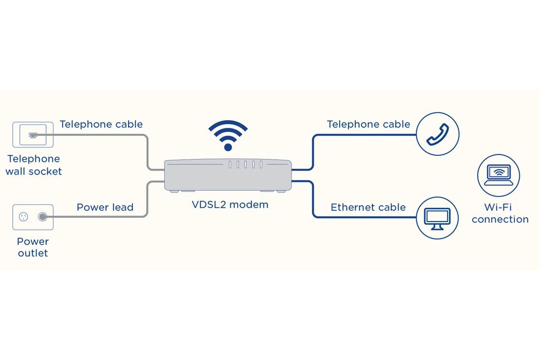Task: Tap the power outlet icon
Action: click(33, 217)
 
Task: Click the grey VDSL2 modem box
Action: click(227, 175)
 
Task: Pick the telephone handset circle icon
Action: click(438, 134)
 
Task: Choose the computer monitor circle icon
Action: click(438, 218)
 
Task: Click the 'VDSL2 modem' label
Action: click(230, 205)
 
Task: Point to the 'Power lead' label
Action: click(105, 208)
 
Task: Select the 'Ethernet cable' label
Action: click(368, 208)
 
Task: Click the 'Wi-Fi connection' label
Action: click(500, 214)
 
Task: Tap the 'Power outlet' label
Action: click(32, 247)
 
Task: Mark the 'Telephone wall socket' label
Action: click(33, 165)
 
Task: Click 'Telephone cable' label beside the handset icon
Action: click(369, 124)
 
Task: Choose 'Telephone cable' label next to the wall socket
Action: click(101, 124)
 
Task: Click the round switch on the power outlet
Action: click(42, 217)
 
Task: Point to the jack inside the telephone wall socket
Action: click(33, 135)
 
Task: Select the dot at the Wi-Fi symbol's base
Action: click(227, 147)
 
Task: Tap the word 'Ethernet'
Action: click(352, 208)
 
